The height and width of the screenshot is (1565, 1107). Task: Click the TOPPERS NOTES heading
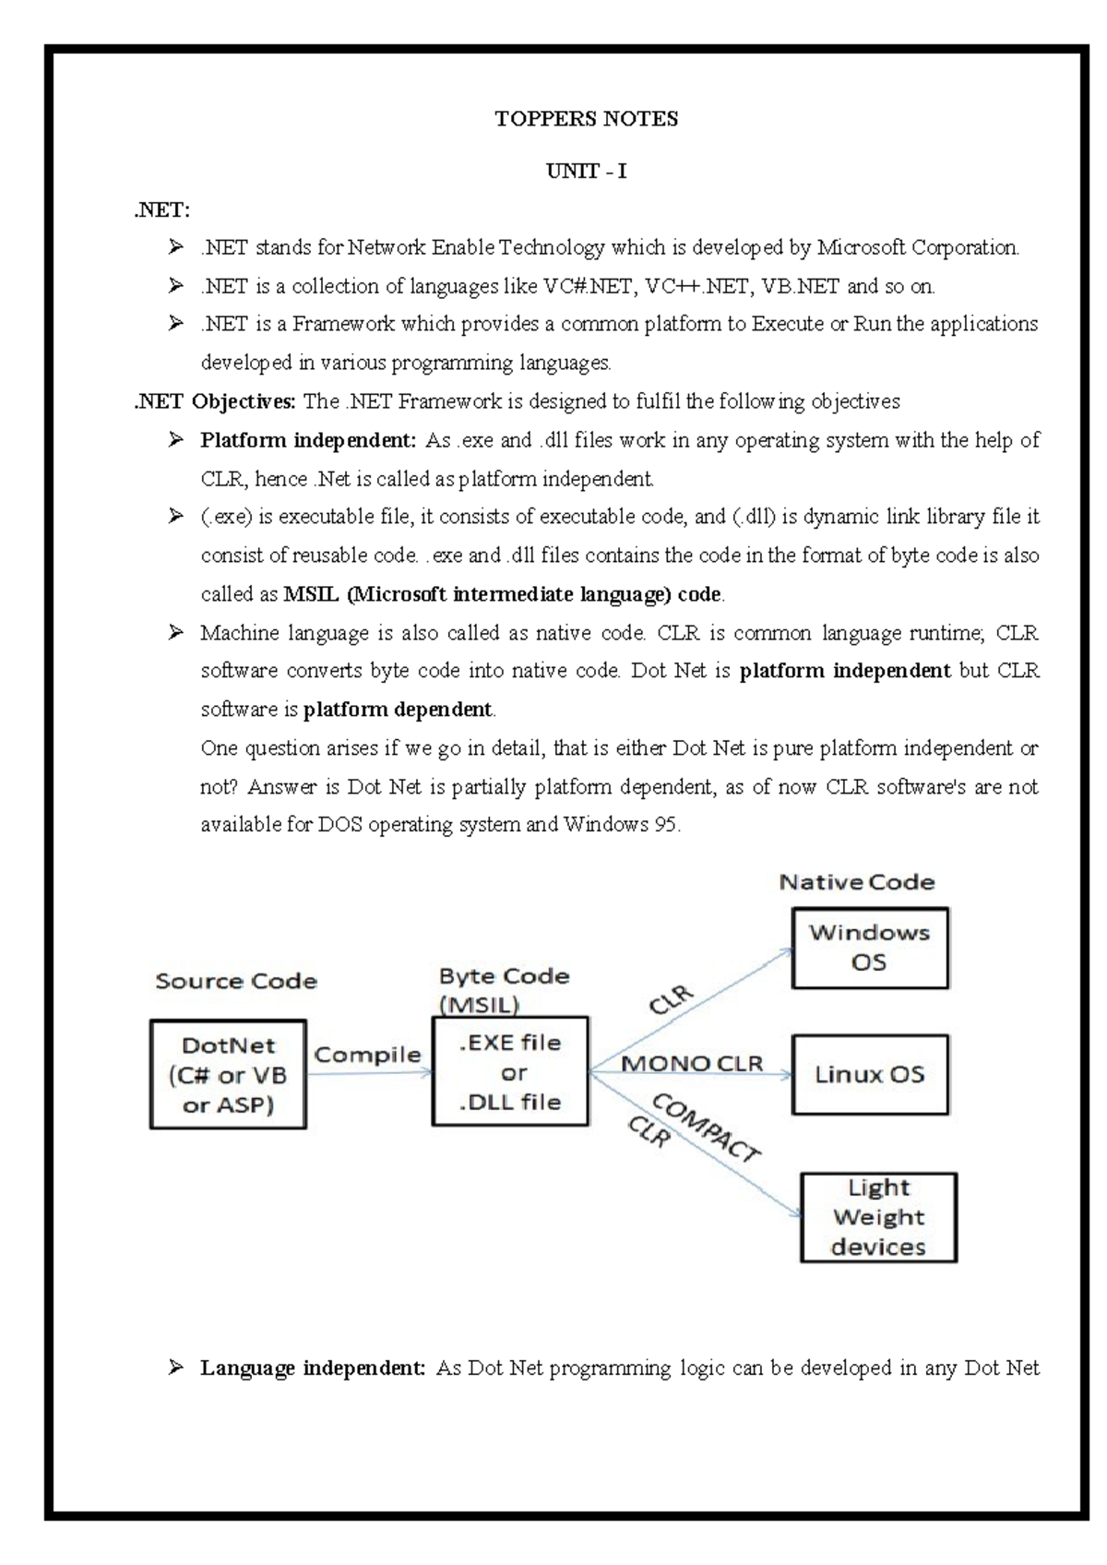point(586,119)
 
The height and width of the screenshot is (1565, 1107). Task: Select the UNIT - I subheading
point(586,172)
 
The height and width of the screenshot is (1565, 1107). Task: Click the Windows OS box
point(869,948)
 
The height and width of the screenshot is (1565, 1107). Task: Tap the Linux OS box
point(869,1074)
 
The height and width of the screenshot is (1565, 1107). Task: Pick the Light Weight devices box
point(878,1217)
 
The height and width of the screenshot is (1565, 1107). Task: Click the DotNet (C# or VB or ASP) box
point(228,1074)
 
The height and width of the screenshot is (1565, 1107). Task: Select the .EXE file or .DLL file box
point(510,1071)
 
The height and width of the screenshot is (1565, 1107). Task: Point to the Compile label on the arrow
point(367,1055)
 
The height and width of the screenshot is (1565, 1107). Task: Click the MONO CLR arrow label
point(692,1064)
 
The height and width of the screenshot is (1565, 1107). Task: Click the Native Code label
point(856,882)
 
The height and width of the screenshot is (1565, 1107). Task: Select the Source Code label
point(235,981)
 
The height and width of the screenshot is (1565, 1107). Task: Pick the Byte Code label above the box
point(504,976)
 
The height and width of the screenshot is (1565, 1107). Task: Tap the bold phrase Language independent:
point(312,1368)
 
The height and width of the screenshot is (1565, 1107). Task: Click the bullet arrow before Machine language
point(175,633)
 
